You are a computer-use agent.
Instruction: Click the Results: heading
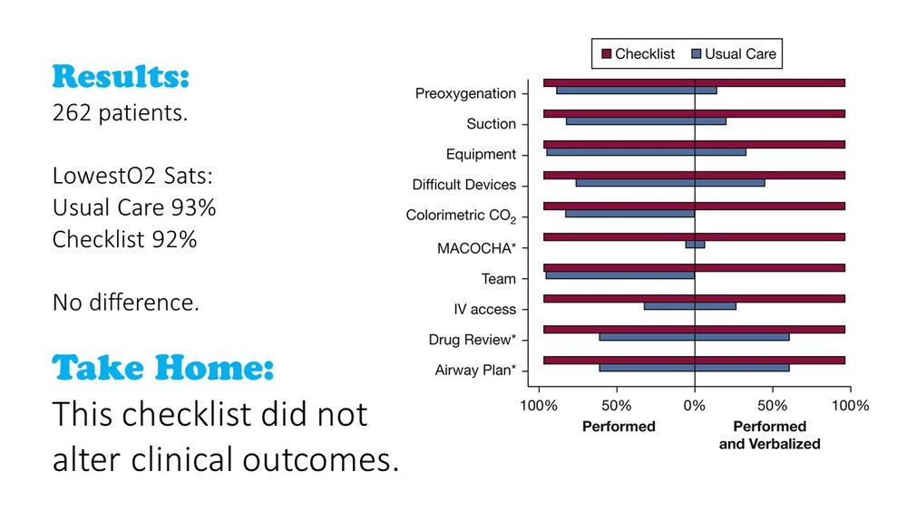coord(121,77)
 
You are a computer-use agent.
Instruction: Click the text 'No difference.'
coord(125,303)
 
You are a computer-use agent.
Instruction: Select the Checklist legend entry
coord(636,54)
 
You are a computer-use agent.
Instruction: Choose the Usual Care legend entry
coord(734,54)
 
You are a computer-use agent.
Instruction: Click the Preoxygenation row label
coord(465,93)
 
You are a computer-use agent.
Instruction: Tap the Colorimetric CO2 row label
coord(461,217)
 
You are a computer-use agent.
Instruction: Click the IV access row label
coord(484,310)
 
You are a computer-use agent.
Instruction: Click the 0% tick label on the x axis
coord(695,406)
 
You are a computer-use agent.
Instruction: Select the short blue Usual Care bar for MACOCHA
coord(695,244)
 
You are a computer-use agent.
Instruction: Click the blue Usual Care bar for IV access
coord(689,306)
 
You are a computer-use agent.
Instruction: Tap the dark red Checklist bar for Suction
coord(694,113)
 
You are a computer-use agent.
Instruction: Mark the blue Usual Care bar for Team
coord(619,275)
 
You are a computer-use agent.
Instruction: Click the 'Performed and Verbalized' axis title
coord(769,435)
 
